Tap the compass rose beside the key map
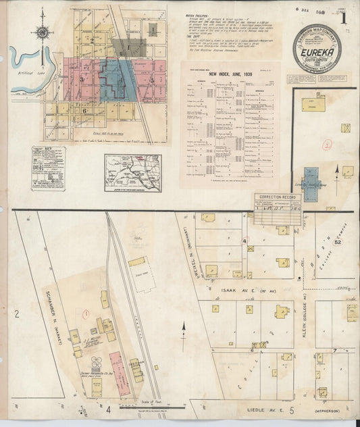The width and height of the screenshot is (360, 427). coord(43,31)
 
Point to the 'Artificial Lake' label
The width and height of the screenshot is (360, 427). coord(20,79)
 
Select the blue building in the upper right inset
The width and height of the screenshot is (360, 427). coord(311,184)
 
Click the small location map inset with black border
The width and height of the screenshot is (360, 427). coord(132,164)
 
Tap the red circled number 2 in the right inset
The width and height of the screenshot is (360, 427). coord(326,145)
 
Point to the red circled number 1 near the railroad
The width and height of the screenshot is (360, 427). coord(86,313)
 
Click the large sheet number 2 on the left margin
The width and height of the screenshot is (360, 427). coord(15,313)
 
